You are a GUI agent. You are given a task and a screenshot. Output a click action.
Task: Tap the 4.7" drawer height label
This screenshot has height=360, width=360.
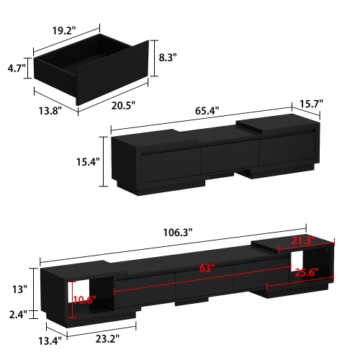coord(16,69)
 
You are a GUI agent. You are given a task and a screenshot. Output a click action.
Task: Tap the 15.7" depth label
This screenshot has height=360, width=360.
coord(311,104)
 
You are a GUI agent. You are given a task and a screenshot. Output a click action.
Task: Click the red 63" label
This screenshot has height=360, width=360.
coord(208,269)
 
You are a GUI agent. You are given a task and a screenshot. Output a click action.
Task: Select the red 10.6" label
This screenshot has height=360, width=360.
coord(86,301)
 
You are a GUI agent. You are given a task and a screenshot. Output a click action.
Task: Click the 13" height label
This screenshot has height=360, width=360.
coord(19,289)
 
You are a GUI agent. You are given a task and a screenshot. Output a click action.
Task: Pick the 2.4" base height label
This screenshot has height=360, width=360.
coord(18,315)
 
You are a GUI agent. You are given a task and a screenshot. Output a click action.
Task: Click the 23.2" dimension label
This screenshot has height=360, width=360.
coord(104,338)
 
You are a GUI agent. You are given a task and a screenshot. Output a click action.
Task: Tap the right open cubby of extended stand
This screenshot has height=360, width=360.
coord(310,262)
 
